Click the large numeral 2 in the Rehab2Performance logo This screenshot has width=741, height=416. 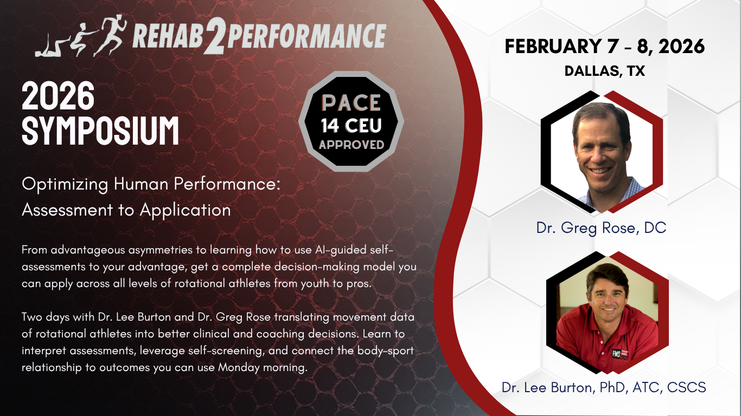pos(215,36)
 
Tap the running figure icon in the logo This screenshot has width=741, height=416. pos(111,36)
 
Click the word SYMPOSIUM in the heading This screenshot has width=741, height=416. pos(100,131)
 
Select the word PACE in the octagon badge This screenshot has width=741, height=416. pos(351,103)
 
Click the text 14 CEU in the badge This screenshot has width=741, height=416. pos(351,126)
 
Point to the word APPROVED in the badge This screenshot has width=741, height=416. pos(352,145)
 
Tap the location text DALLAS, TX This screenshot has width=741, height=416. pos(604,71)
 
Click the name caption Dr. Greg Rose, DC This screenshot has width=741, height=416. pos(601,227)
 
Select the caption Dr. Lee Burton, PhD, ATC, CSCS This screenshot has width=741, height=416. pos(604,387)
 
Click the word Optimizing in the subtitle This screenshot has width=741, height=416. pos(65,184)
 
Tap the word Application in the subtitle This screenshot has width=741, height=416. pos(186,210)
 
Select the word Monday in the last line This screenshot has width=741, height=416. pos(239,367)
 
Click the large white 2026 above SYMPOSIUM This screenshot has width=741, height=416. pos(58,96)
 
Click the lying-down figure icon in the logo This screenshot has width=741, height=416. pos(52,49)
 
